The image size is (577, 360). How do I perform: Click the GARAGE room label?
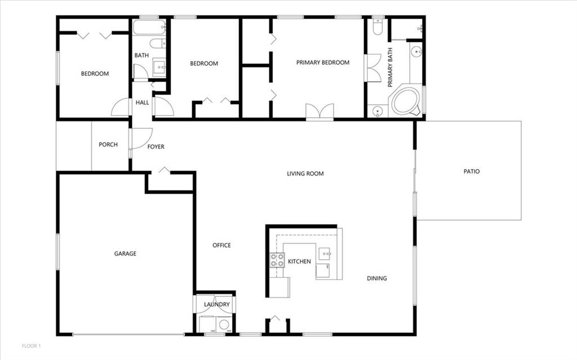point(125,254)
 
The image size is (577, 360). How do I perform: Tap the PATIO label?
point(472,171)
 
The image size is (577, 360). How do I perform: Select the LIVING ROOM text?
point(305,174)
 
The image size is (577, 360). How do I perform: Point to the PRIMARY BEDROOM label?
point(323,63)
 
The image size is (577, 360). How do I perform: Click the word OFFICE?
point(221,246)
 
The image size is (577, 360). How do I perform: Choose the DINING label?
point(377,278)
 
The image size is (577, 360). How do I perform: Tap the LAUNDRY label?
point(217,304)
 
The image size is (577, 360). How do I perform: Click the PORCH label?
point(108,145)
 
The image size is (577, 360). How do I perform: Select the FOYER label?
point(156,147)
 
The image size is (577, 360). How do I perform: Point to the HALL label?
point(142,103)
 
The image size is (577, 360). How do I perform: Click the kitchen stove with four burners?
point(277,260)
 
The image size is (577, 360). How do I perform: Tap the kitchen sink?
point(325,254)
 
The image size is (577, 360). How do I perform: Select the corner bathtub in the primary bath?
point(406,100)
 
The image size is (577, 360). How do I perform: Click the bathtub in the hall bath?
point(149,27)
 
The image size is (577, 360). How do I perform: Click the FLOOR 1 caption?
point(32,346)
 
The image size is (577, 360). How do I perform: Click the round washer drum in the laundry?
point(224,325)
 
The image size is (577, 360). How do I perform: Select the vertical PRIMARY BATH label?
point(390,68)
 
